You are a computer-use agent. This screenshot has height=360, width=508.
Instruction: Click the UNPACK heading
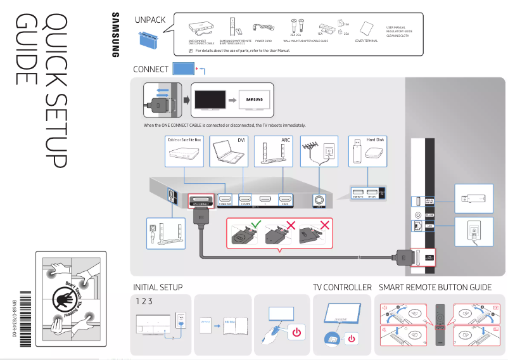(x=150, y=20)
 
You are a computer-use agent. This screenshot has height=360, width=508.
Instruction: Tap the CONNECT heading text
(x=150, y=69)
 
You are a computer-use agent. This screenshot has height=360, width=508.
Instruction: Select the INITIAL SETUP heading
(x=158, y=287)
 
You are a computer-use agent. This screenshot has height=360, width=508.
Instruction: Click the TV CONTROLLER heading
(x=342, y=287)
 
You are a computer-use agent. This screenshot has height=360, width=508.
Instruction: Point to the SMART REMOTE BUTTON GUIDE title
(x=435, y=287)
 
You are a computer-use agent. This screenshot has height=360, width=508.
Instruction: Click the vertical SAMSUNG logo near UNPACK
(x=115, y=35)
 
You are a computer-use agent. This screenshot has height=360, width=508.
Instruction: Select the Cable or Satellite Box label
(x=184, y=139)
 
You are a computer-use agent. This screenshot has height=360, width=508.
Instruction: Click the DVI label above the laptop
(x=241, y=139)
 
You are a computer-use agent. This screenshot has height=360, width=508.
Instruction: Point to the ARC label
(x=285, y=139)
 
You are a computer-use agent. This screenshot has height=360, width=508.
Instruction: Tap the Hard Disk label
(x=376, y=139)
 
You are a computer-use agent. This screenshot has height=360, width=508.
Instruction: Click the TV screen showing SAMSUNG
(x=253, y=100)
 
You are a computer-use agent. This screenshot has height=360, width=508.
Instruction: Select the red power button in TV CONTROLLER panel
(x=352, y=338)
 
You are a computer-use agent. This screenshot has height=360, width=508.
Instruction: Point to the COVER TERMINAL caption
(x=366, y=41)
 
